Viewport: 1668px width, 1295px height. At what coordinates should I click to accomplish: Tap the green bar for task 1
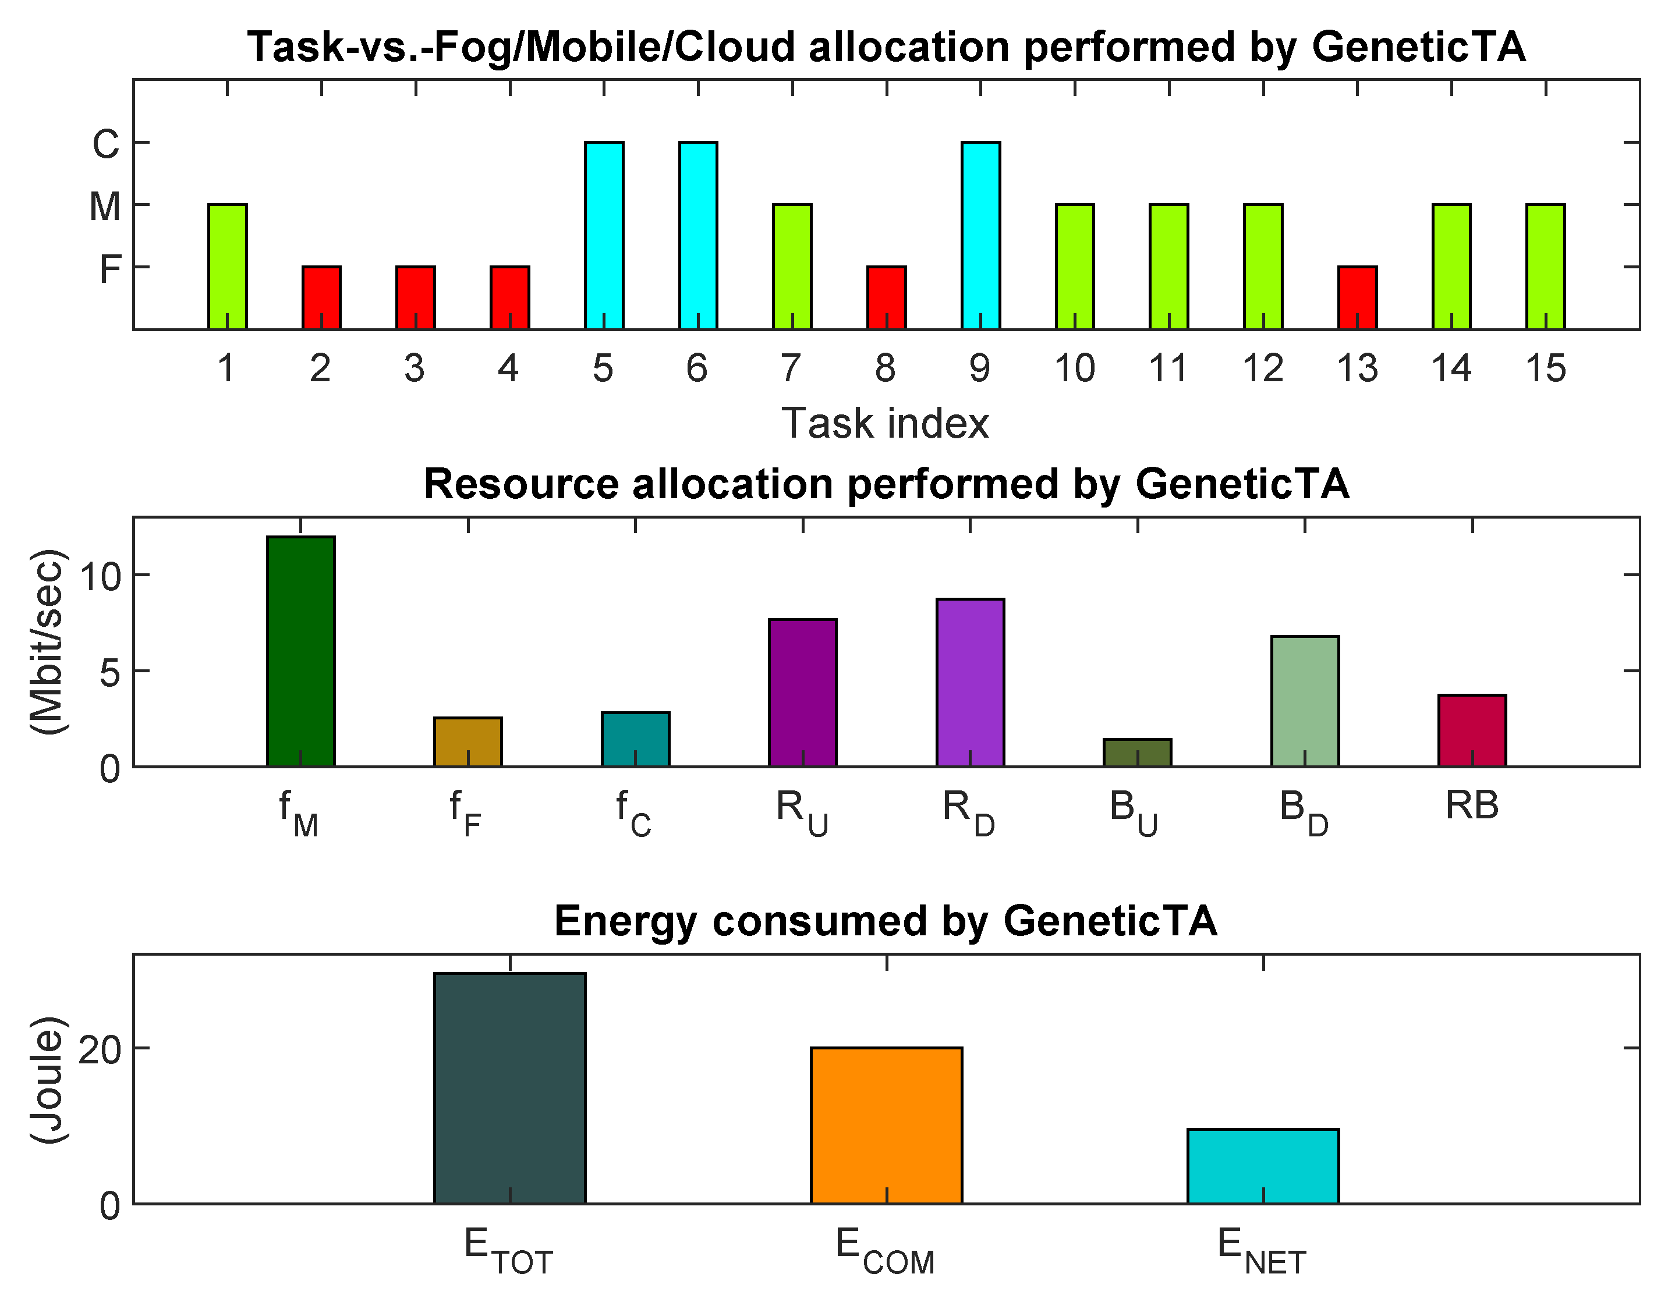click(228, 267)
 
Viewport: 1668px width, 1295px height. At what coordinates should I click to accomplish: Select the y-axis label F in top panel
click(110, 269)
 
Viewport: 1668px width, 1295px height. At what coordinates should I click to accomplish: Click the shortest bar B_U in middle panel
click(1137, 753)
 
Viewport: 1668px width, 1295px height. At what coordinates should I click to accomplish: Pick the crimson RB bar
click(1472, 730)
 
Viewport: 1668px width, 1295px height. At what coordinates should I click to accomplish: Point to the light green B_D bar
click(1305, 701)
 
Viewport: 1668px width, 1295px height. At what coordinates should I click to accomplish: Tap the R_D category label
click(968, 812)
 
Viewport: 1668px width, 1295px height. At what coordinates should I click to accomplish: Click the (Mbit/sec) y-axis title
click(47, 641)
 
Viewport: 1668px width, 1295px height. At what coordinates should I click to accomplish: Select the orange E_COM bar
click(886, 1126)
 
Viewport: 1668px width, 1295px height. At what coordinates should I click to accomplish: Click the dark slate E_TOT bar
click(509, 1088)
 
